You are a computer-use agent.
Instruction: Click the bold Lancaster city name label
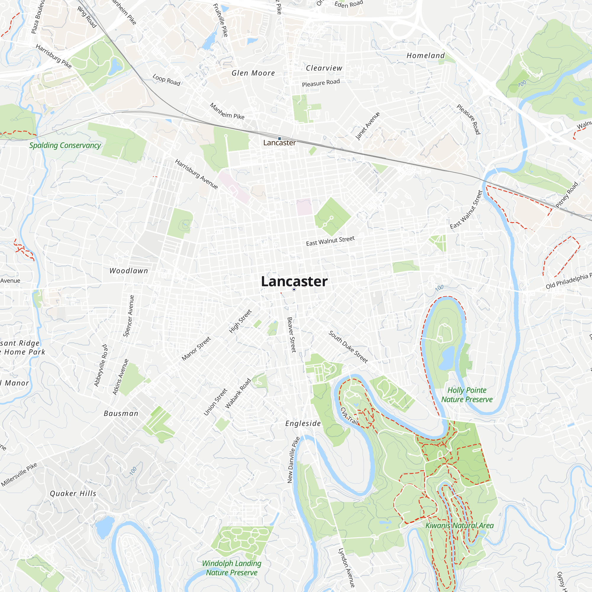(294, 281)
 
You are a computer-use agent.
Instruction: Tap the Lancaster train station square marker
(279, 139)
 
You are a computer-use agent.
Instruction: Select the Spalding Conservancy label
(65, 145)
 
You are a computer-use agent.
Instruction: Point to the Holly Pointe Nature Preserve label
(467, 395)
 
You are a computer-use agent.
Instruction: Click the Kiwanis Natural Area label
(459, 525)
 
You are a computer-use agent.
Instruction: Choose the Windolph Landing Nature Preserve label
(232, 568)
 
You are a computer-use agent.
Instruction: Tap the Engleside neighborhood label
(303, 424)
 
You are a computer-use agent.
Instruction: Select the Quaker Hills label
(73, 494)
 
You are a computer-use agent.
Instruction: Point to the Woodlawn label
(129, 271)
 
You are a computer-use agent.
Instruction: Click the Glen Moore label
(253, 73)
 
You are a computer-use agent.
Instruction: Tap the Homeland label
(426, 55)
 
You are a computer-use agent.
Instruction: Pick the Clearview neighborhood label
(324, 68)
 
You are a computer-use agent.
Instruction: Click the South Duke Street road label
(348, 347)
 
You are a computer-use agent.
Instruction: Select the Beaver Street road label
(291, 335)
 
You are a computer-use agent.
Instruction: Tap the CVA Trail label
(350, 416)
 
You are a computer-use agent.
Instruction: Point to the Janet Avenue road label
(367, 126)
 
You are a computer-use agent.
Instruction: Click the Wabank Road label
(238, 394)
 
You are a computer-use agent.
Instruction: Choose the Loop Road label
(166, 80)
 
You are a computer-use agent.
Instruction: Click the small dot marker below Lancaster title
(294, 289)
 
